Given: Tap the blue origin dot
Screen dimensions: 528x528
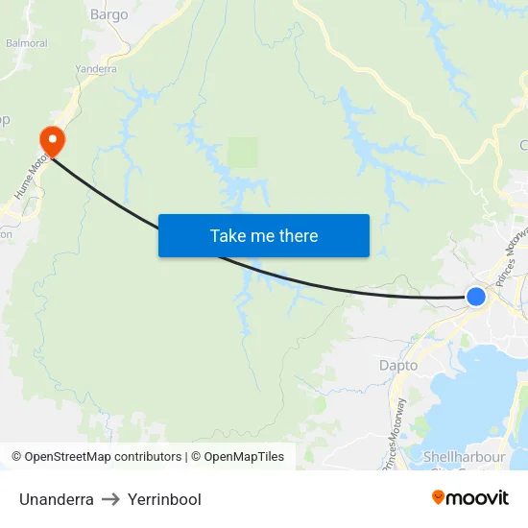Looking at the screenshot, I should tap(475, 296).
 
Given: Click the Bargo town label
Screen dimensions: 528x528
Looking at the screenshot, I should tap(108, 14).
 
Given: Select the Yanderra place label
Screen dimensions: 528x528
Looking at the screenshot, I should tap(95, 69).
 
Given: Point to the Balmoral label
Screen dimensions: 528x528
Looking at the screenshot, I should tap(26, 43).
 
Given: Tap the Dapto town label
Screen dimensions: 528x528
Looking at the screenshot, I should tap(398, 366).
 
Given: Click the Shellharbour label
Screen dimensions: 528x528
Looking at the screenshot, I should tap(464, 457).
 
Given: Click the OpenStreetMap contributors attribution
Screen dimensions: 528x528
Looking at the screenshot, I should tap(102, 457).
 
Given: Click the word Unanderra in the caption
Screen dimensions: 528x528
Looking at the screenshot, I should tap(57, 499).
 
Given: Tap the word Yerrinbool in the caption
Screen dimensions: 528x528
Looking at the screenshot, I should tap(164, 499).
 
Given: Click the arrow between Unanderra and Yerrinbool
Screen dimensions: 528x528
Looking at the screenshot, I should tap(110, 499).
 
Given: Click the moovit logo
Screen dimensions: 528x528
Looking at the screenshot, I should tap(470, 497).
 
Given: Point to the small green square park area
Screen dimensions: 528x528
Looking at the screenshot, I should tap(243, 152).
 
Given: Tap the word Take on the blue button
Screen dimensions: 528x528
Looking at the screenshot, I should tap(228, 235).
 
